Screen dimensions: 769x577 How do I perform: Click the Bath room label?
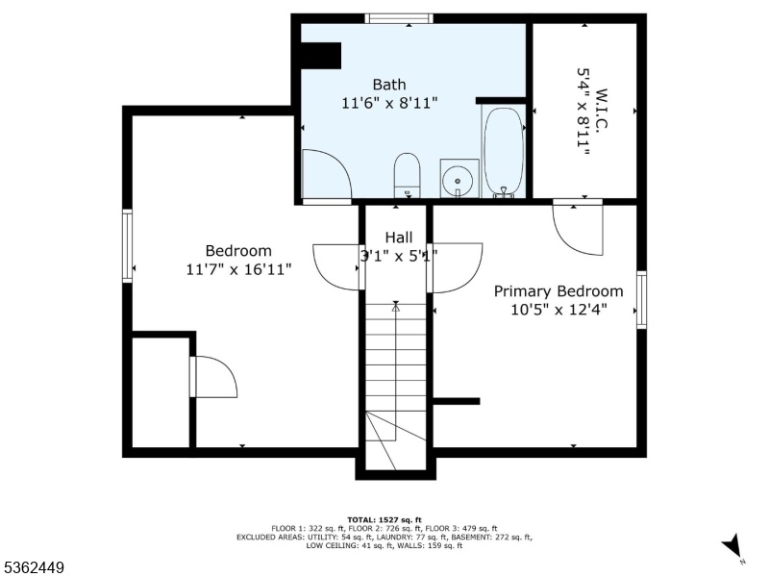[389, 85]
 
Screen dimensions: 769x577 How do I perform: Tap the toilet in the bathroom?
[407, 175]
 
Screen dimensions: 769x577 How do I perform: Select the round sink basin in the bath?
[458, 181]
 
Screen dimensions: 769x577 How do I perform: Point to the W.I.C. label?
[603, 109]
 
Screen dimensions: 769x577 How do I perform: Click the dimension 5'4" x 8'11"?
[583, 111]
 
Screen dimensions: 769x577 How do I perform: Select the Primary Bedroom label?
[558, 291]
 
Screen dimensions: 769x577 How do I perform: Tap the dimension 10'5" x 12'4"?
[559, 310]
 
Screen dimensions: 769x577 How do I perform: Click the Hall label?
[398, 238]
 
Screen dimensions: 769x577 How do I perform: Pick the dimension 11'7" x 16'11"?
[238, 269]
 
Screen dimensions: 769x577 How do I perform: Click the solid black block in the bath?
[320, 56]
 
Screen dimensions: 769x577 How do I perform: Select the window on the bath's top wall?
[399, 18]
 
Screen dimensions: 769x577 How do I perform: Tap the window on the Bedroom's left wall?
[128, 246]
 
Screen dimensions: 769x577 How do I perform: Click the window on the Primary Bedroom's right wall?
[641, 299]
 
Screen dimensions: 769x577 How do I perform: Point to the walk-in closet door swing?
[579, 230]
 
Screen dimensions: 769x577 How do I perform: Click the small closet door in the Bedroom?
[213, 377]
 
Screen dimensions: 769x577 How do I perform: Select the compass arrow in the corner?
[732, 546]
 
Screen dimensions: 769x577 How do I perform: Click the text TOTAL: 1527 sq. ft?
[384, 519]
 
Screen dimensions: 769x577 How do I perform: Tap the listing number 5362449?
[33, 567]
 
